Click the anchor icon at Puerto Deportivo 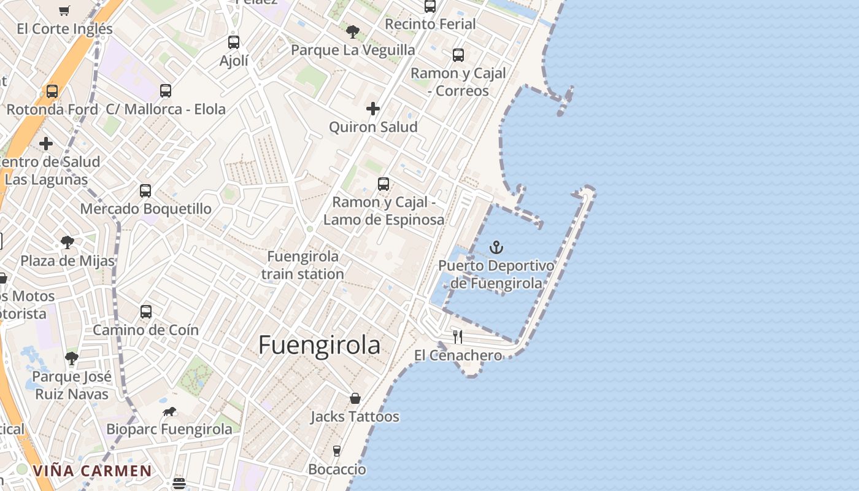point(496,247)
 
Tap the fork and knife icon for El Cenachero point(458,336)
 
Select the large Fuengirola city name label point(319,346)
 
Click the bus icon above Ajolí point(234,42)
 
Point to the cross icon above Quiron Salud point(372,109)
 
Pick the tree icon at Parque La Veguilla point(352,32)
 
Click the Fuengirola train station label point(302,265)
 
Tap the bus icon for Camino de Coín point(146,312)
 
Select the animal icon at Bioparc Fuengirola point(169,412)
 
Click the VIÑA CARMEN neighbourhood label point(92,471)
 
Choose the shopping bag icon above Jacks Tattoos point(355,399)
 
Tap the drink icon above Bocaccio point(336,451)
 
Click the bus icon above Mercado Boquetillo point(145,191)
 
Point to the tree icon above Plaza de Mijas point(67,242)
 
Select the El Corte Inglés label point(65,29)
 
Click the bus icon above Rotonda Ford point(52,91)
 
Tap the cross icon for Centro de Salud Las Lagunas point(46,144)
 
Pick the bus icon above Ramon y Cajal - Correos point(458,55)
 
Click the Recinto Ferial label point(430,24)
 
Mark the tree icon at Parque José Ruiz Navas point(72,358)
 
